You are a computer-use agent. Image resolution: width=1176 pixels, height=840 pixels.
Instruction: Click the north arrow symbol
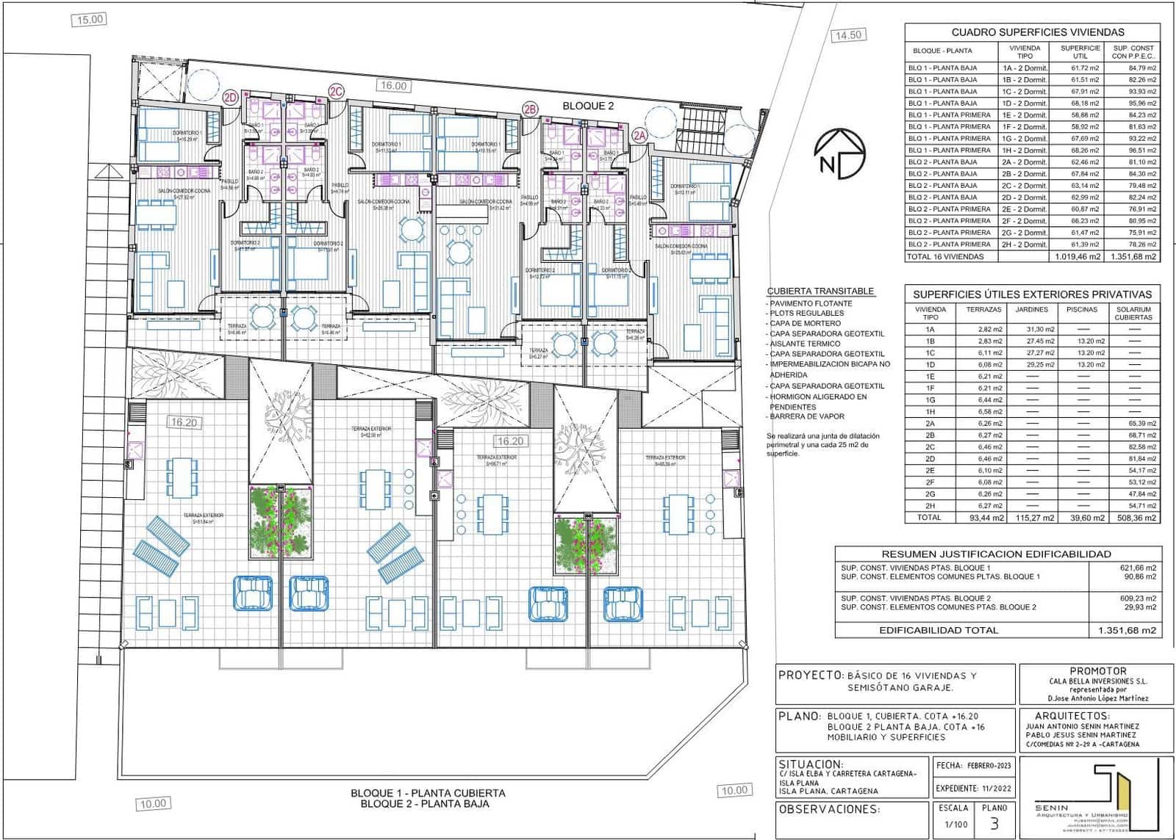839,153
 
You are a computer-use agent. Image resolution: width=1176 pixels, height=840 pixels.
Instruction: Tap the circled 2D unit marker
231,97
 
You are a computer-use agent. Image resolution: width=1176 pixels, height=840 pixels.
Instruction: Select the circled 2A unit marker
639,135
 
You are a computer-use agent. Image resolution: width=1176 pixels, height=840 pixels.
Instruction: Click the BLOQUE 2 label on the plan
588,106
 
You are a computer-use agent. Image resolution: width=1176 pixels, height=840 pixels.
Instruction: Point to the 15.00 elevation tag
90,20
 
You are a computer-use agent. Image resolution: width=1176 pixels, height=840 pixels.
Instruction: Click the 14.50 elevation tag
847,35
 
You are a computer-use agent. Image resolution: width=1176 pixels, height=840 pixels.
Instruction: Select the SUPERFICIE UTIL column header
1080,51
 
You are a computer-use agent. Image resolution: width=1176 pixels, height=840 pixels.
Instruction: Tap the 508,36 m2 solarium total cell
1133,518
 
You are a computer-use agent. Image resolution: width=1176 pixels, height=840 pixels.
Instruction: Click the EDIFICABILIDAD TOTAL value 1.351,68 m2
1127,630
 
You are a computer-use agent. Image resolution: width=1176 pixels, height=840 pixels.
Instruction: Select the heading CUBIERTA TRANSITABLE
820,291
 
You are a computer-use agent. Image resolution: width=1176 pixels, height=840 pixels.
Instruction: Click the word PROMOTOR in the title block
1097,670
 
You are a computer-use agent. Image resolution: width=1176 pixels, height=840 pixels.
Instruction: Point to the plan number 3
994,824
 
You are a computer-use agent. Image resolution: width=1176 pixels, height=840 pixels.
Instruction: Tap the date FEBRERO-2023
989,765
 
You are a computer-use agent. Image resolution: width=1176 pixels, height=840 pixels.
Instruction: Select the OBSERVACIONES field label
828,809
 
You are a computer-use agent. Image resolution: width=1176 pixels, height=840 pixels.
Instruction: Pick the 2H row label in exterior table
930,506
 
